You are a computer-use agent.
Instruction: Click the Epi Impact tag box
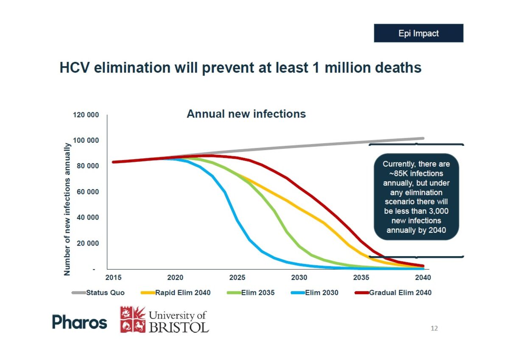[418, 33]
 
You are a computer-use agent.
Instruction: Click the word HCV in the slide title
[75, 68]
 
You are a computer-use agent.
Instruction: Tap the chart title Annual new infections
[246, 114]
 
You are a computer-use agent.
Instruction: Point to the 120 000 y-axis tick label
[84, 115]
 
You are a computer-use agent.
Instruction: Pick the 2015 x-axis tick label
[113, 278]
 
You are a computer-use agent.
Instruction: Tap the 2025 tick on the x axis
[237, 278]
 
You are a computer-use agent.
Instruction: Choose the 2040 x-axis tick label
[423, 278]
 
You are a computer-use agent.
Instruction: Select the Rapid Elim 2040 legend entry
[182, 293]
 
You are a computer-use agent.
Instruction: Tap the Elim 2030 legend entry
[322, 293]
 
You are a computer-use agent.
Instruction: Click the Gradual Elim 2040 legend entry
[400, 293]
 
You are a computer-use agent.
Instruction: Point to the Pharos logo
[80, 322]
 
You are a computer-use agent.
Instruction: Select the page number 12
[434, 328]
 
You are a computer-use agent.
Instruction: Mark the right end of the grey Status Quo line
[423, 138]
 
